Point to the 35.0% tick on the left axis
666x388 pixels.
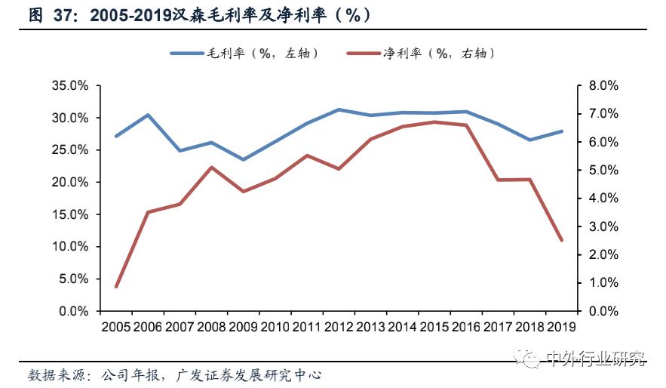[69, 86]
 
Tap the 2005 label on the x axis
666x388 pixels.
[116, 327]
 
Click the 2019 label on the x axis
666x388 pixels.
[560, 327]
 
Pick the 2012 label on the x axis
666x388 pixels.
[339, 327]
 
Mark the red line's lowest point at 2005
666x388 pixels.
[116, 287]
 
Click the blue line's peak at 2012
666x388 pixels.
[339, 109]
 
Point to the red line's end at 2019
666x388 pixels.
[561, 240]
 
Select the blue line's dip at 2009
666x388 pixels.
[243, 159]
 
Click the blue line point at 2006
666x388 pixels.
[148, 115]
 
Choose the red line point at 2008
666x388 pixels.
[211, 168]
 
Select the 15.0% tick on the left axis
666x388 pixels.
[69, 214]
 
